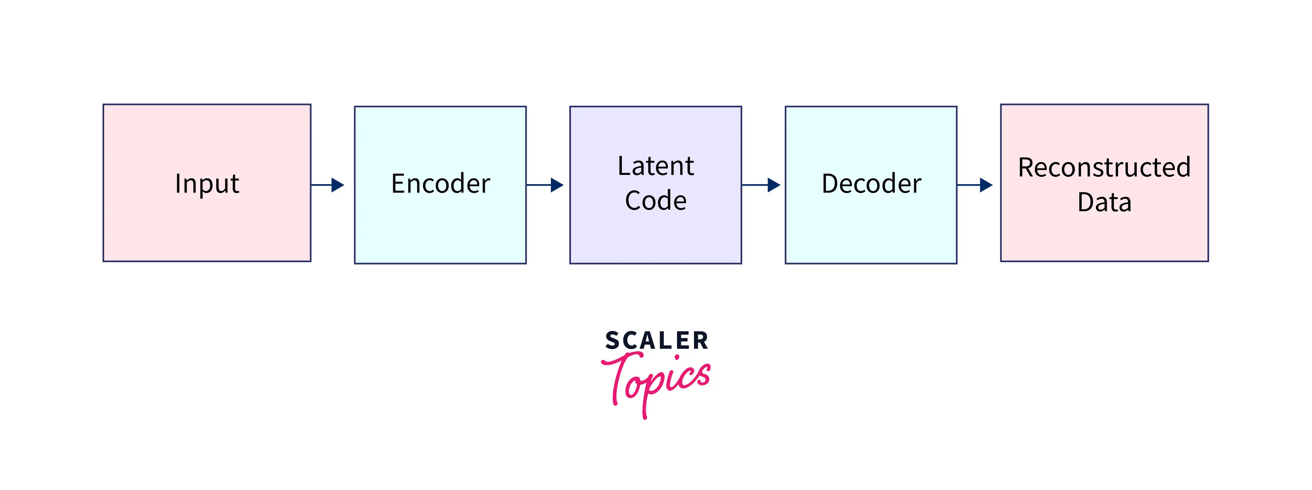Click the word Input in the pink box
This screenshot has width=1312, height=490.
[207, 183]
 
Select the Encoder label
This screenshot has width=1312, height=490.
[441, 183]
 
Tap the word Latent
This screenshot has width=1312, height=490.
[655, 166]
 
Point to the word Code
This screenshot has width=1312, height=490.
[655, 200]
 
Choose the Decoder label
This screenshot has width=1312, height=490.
[871, 183]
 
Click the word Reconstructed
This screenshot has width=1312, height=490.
[1104, 167]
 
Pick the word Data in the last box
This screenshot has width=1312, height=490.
[1104, 202]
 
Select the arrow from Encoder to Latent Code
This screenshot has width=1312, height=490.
[545, 185]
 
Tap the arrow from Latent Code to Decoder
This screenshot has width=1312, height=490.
[762, 185]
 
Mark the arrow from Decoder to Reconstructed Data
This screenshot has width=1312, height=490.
[975, 185]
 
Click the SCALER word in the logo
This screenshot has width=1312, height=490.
[657, 341]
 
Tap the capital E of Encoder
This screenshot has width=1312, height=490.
[398, 183]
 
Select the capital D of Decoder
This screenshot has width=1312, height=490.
[830, 183]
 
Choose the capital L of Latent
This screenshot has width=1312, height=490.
[624, 166]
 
